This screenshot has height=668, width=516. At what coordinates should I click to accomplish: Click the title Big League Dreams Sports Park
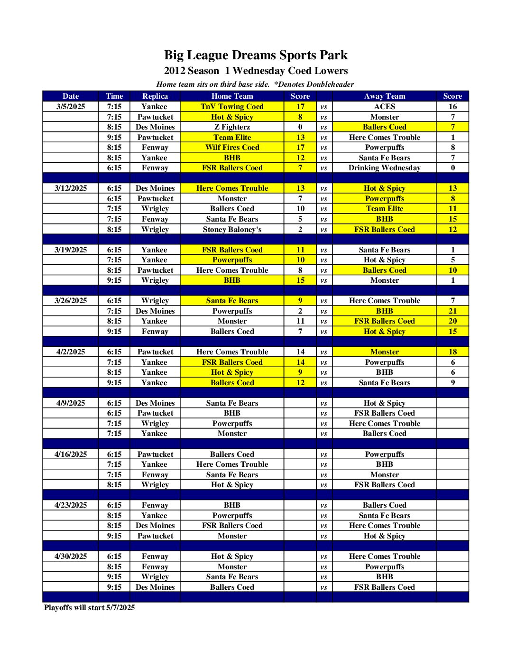(256, 55)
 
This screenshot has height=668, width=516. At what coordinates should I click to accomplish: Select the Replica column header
(155, 96)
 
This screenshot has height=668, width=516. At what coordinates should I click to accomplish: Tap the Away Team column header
(384, 96)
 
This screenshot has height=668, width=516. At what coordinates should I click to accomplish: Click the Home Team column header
(232, 96)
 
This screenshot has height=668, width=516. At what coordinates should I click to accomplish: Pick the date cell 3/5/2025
(71, 107)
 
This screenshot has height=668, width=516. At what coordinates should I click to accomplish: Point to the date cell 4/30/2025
(71, 557)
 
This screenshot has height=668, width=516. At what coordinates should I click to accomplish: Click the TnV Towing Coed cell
(232, 107)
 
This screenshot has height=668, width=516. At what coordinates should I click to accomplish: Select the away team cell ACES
(384, 107)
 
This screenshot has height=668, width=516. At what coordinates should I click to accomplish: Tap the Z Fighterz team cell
(232, 127)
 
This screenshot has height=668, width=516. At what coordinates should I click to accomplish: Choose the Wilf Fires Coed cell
(232, 148)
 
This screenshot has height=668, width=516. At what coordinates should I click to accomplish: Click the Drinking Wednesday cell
(384, 168)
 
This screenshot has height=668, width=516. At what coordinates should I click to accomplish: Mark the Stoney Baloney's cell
(232, 230)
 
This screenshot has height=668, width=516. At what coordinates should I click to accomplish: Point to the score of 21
(452, 311)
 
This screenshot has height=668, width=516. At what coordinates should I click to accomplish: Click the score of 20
(452, 321)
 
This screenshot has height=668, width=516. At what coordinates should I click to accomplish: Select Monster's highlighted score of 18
(452, 352)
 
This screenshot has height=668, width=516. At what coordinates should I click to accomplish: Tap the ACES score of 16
(452, 107)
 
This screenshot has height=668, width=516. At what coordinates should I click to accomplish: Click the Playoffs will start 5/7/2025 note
(89, 608)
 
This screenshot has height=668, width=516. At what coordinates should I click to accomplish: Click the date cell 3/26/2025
(71, 301)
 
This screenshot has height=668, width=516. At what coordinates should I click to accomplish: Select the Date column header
(71, 96)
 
